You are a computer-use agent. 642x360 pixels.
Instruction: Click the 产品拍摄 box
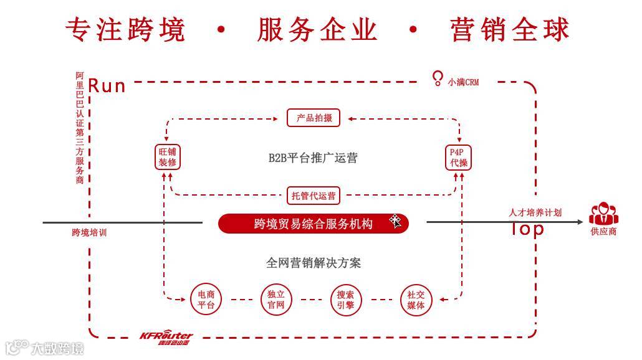click(314, 118)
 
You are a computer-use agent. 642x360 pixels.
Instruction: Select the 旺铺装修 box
click(168, 157)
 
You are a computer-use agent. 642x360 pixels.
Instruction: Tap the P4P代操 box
click(459, 157)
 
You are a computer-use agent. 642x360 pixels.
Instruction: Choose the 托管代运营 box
click(314, 196)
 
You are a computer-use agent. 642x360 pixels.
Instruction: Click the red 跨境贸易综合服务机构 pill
click(313, 224)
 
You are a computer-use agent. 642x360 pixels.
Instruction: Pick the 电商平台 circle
click(206, 300)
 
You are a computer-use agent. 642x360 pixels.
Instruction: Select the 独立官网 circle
click(276, 300)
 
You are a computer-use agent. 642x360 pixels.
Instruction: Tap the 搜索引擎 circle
click(346, 300)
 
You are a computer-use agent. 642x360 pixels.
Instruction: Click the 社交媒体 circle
click(416, 300)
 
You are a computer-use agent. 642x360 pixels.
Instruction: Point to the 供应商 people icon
click(603, 214)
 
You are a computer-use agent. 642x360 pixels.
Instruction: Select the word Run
click(107, 85)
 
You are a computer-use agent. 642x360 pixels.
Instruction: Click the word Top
click(527, 229)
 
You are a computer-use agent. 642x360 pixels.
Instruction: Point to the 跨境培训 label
click(89, 232)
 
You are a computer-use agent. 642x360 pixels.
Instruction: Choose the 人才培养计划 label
click(535, 212)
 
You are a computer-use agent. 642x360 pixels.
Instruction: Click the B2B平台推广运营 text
click(313, 158)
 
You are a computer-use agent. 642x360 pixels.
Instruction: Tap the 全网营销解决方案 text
click(313, 263)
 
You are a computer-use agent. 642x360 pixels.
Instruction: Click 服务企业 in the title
click(317, 30)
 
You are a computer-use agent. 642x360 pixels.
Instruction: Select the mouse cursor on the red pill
click(396, 221)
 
